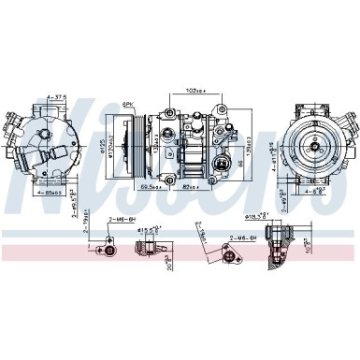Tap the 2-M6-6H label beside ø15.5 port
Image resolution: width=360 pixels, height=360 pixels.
119,219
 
